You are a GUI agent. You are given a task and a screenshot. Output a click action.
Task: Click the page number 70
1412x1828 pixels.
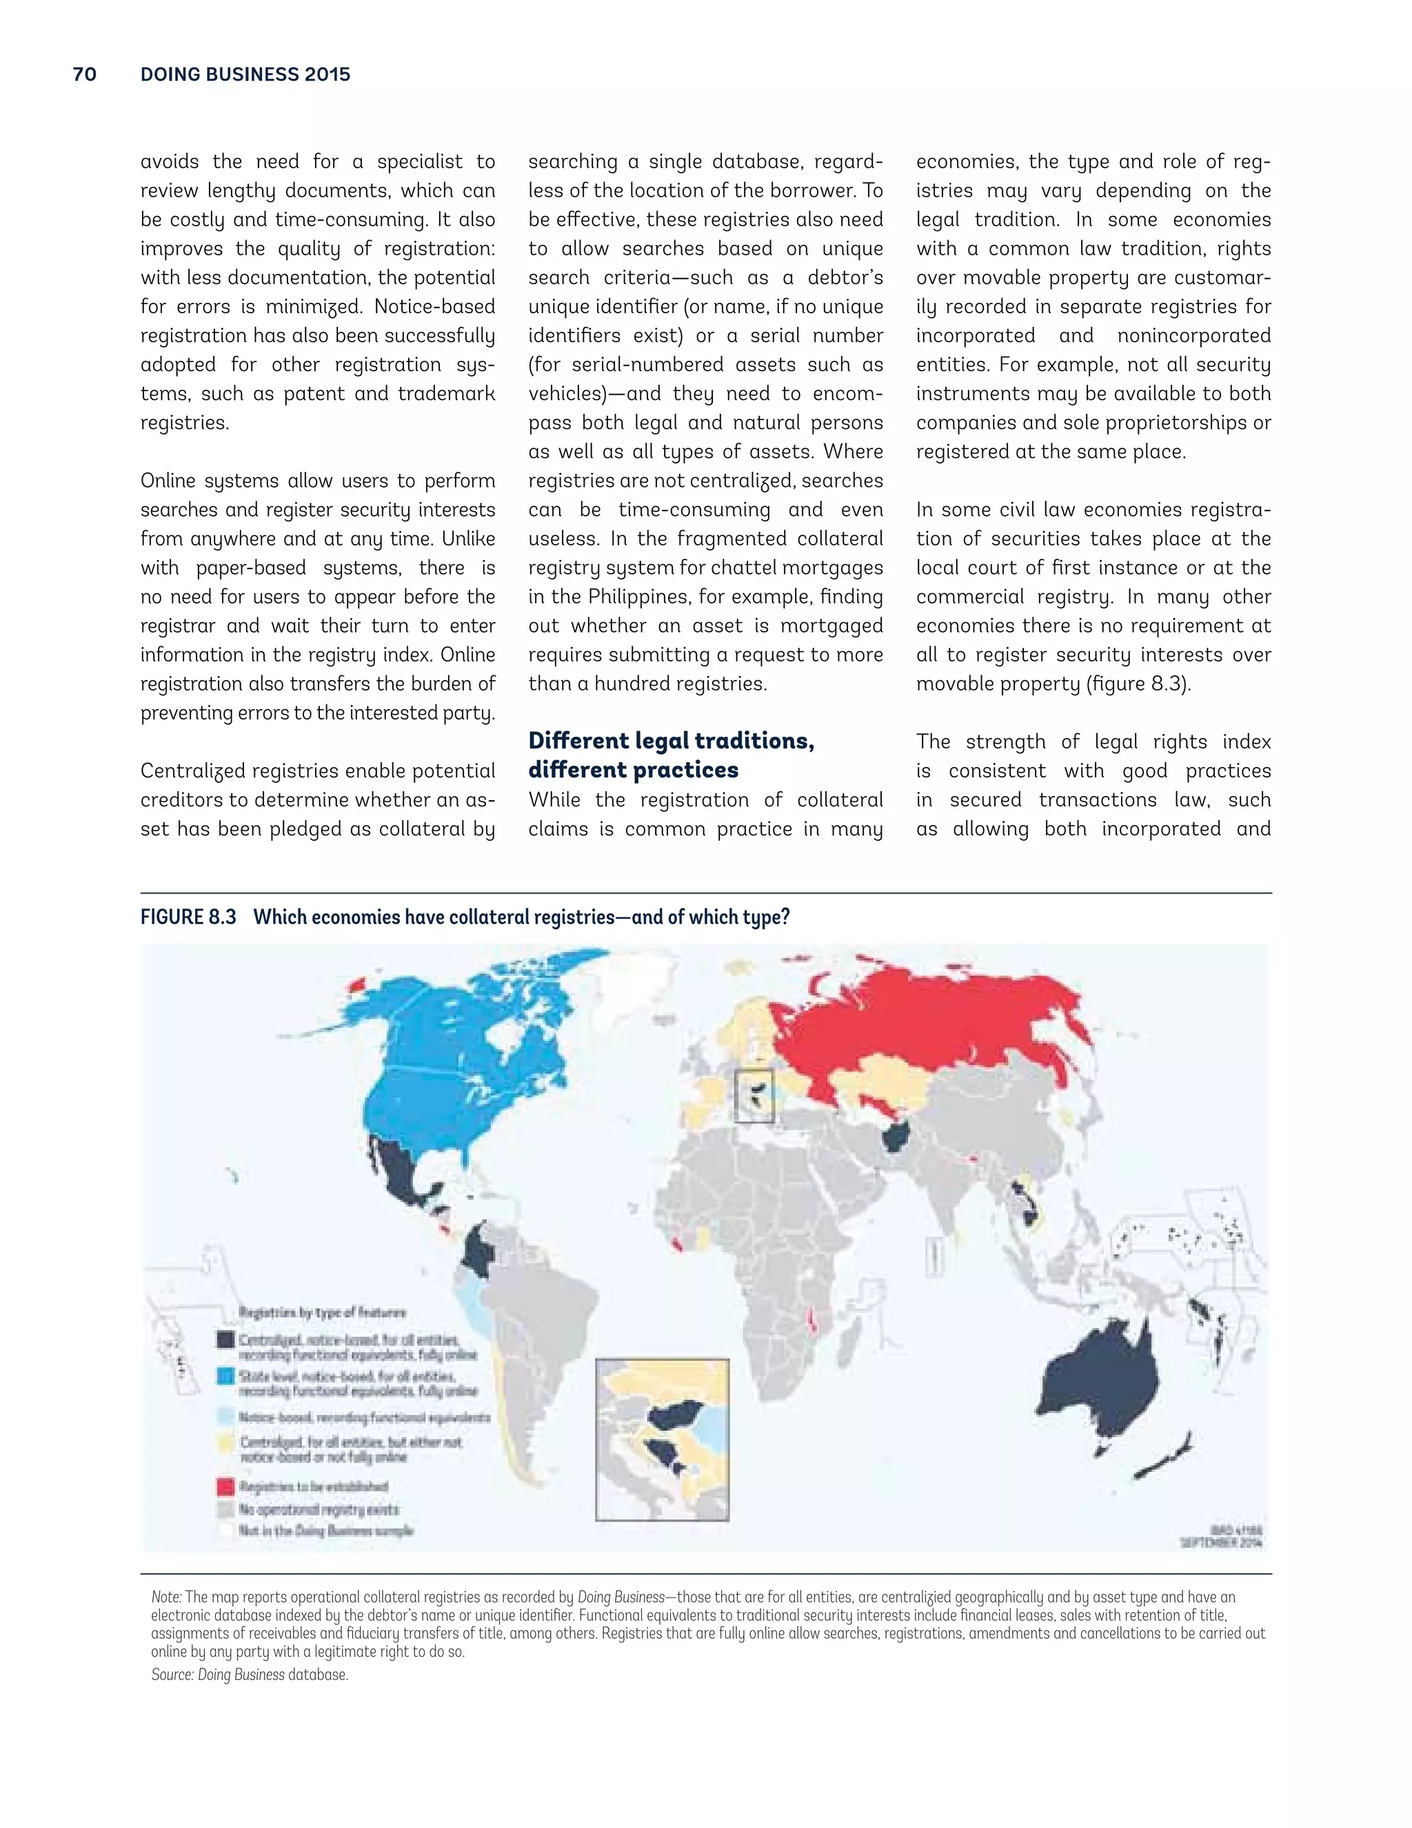85,74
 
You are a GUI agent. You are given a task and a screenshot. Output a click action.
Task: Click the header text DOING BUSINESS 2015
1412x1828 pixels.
245,74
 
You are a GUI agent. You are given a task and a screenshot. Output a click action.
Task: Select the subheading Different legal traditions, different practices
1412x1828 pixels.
671,755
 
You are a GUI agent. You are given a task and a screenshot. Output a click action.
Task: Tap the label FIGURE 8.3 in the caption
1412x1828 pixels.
188,917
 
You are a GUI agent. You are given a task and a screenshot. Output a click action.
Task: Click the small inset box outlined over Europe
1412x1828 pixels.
754,1095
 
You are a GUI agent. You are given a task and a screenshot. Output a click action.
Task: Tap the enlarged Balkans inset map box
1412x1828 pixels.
662,1440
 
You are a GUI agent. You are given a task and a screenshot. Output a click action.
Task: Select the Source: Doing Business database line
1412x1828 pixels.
250,1674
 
